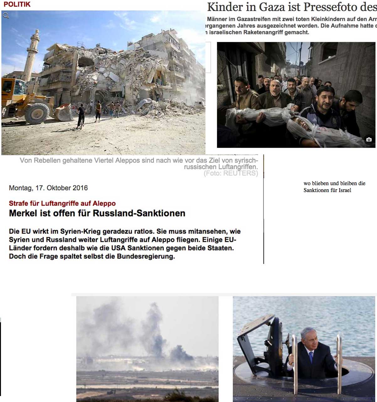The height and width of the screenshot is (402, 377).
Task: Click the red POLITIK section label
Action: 17,4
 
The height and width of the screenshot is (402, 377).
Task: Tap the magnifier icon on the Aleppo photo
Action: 6,15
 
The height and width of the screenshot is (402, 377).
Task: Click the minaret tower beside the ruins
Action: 33,53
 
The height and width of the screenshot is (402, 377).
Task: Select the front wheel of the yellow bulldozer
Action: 37,113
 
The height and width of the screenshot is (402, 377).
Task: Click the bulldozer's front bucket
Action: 64,112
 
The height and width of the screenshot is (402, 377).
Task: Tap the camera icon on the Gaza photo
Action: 369,140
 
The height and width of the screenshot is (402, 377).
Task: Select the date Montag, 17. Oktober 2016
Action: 48,188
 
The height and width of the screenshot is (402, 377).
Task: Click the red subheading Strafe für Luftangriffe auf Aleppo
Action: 62,203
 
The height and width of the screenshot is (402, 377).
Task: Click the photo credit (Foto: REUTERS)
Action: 231,173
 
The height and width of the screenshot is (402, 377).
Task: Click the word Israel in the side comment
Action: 345,190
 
